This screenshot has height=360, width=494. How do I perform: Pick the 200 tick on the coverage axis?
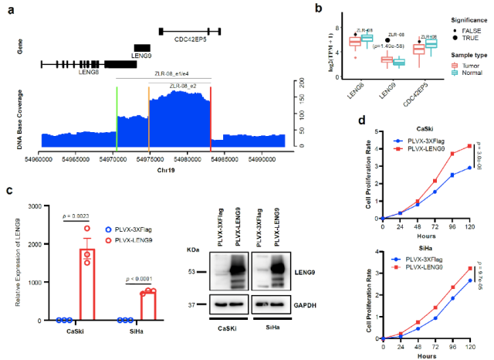[x=300, y=80]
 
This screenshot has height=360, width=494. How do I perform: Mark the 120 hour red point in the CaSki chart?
[x=469, y=146]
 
